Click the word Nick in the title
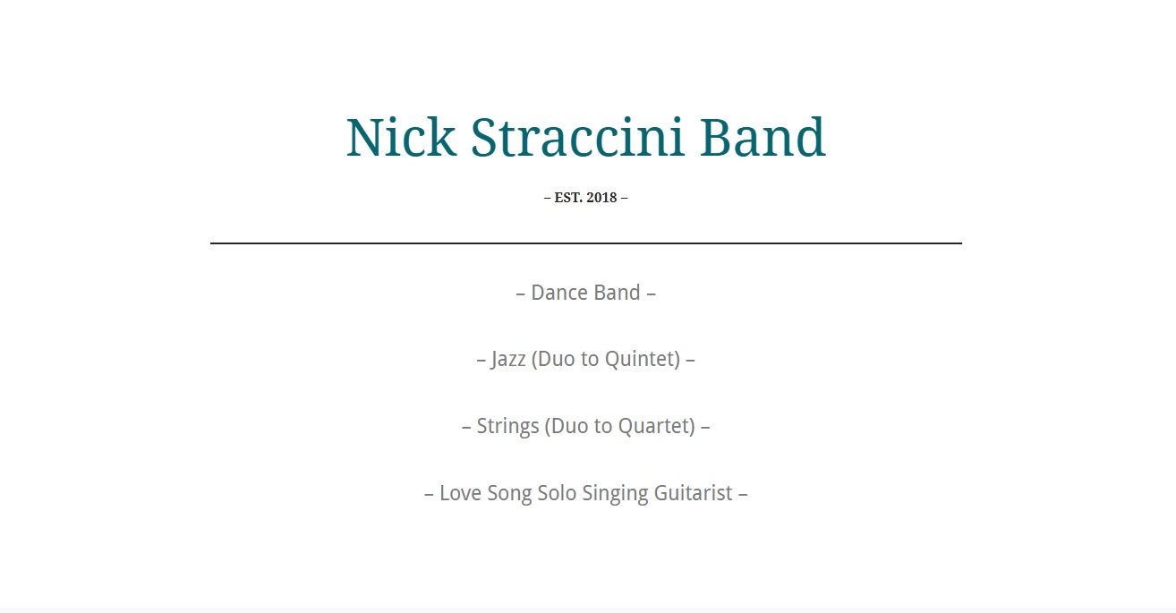coord(401,137)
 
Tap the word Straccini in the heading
coord(577,137)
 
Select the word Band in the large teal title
coord(763,137)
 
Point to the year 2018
coord(601,198)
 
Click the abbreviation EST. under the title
coord(568,198)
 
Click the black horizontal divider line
coord(586,243)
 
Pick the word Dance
coord(558,293)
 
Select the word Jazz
coord(508,360)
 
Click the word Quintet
coord(643,360)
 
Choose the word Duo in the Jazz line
coord(553,360)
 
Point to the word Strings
coord(507,427)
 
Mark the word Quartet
coord(657,427)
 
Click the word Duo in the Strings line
coord(567,427)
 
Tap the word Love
coord(460,493)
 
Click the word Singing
coord(616,494)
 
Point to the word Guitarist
coord(693,493)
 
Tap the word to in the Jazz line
coord(590,360)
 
